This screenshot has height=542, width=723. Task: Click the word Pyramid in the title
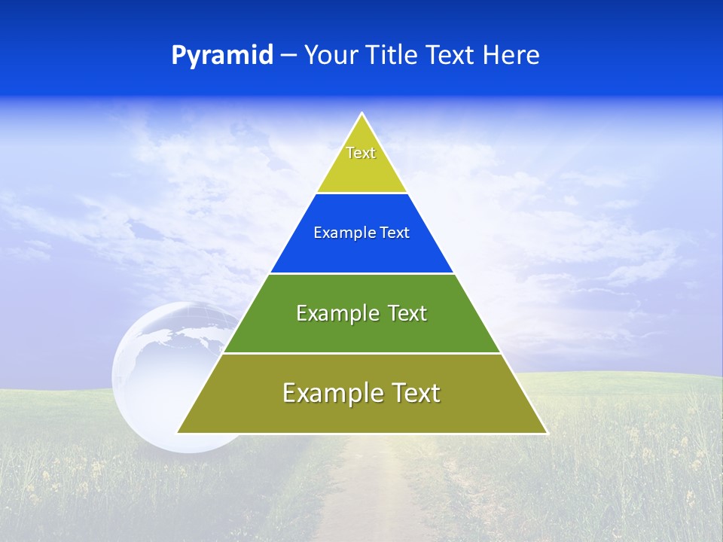point(222,56)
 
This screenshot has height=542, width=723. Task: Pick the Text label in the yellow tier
point(361,153)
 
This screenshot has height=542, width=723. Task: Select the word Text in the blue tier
point(395,233)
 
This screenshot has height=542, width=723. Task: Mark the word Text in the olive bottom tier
point(415,394)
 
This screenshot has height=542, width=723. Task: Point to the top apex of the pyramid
point(362,114)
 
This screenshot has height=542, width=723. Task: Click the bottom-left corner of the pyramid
point(178,433)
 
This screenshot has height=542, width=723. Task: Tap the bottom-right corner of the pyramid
point(546,433)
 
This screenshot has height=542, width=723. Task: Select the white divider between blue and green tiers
point(361,273)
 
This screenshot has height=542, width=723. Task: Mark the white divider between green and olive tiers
point(361,353)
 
